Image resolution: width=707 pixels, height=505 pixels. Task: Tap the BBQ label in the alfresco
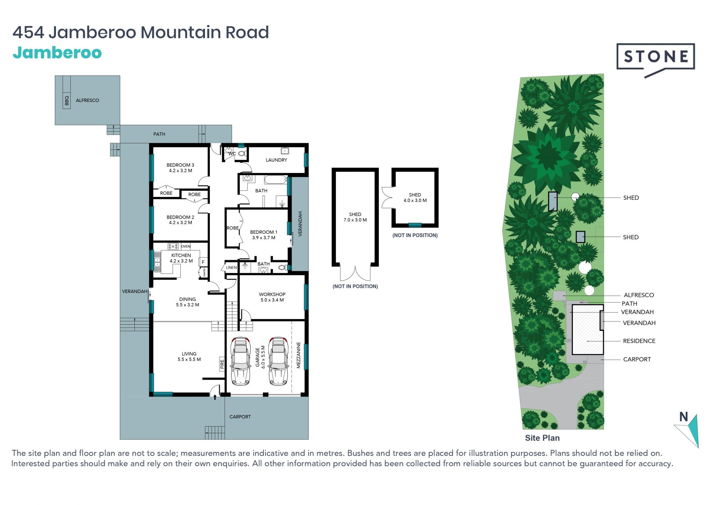pyautogui.click(x=67, y=100)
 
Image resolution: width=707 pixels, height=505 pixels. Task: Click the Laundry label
pyautogui.click(x=276, y=160)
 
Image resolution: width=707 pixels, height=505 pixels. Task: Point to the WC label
pyautogui.click(x=232, y=153)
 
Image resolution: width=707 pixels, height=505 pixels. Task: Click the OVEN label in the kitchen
pyautogui.click(x=186, y=246)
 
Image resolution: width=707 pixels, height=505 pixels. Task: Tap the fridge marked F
pyautogui.click(x=203, y=262)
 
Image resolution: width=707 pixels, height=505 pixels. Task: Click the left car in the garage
pyautogui.click(x=240, y=361)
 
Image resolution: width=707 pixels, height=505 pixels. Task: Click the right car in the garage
pyautogui.click(x=278, y=361)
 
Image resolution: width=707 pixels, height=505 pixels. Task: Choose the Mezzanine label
pyautogui.click(x=299, y=355)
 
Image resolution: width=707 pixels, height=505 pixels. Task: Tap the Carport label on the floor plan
pyautogui.click(x=240, y=417)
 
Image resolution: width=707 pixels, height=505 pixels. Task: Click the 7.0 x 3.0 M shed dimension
pyautogui.click(x=355, y=220)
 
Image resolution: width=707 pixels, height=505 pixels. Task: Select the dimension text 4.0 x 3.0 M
pyautogui.click(x=415, y=200)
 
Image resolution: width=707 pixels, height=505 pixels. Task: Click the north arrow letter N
pyautogui.click(x=684, y=417)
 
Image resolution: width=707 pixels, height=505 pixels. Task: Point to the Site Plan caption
pyautogui.click(x=542, y=438)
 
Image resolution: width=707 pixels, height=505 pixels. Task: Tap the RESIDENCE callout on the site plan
pyautogui.click(x=639, y=341)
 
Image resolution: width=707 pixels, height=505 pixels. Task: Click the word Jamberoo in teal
pyautogui.click(x=57, y=53)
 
